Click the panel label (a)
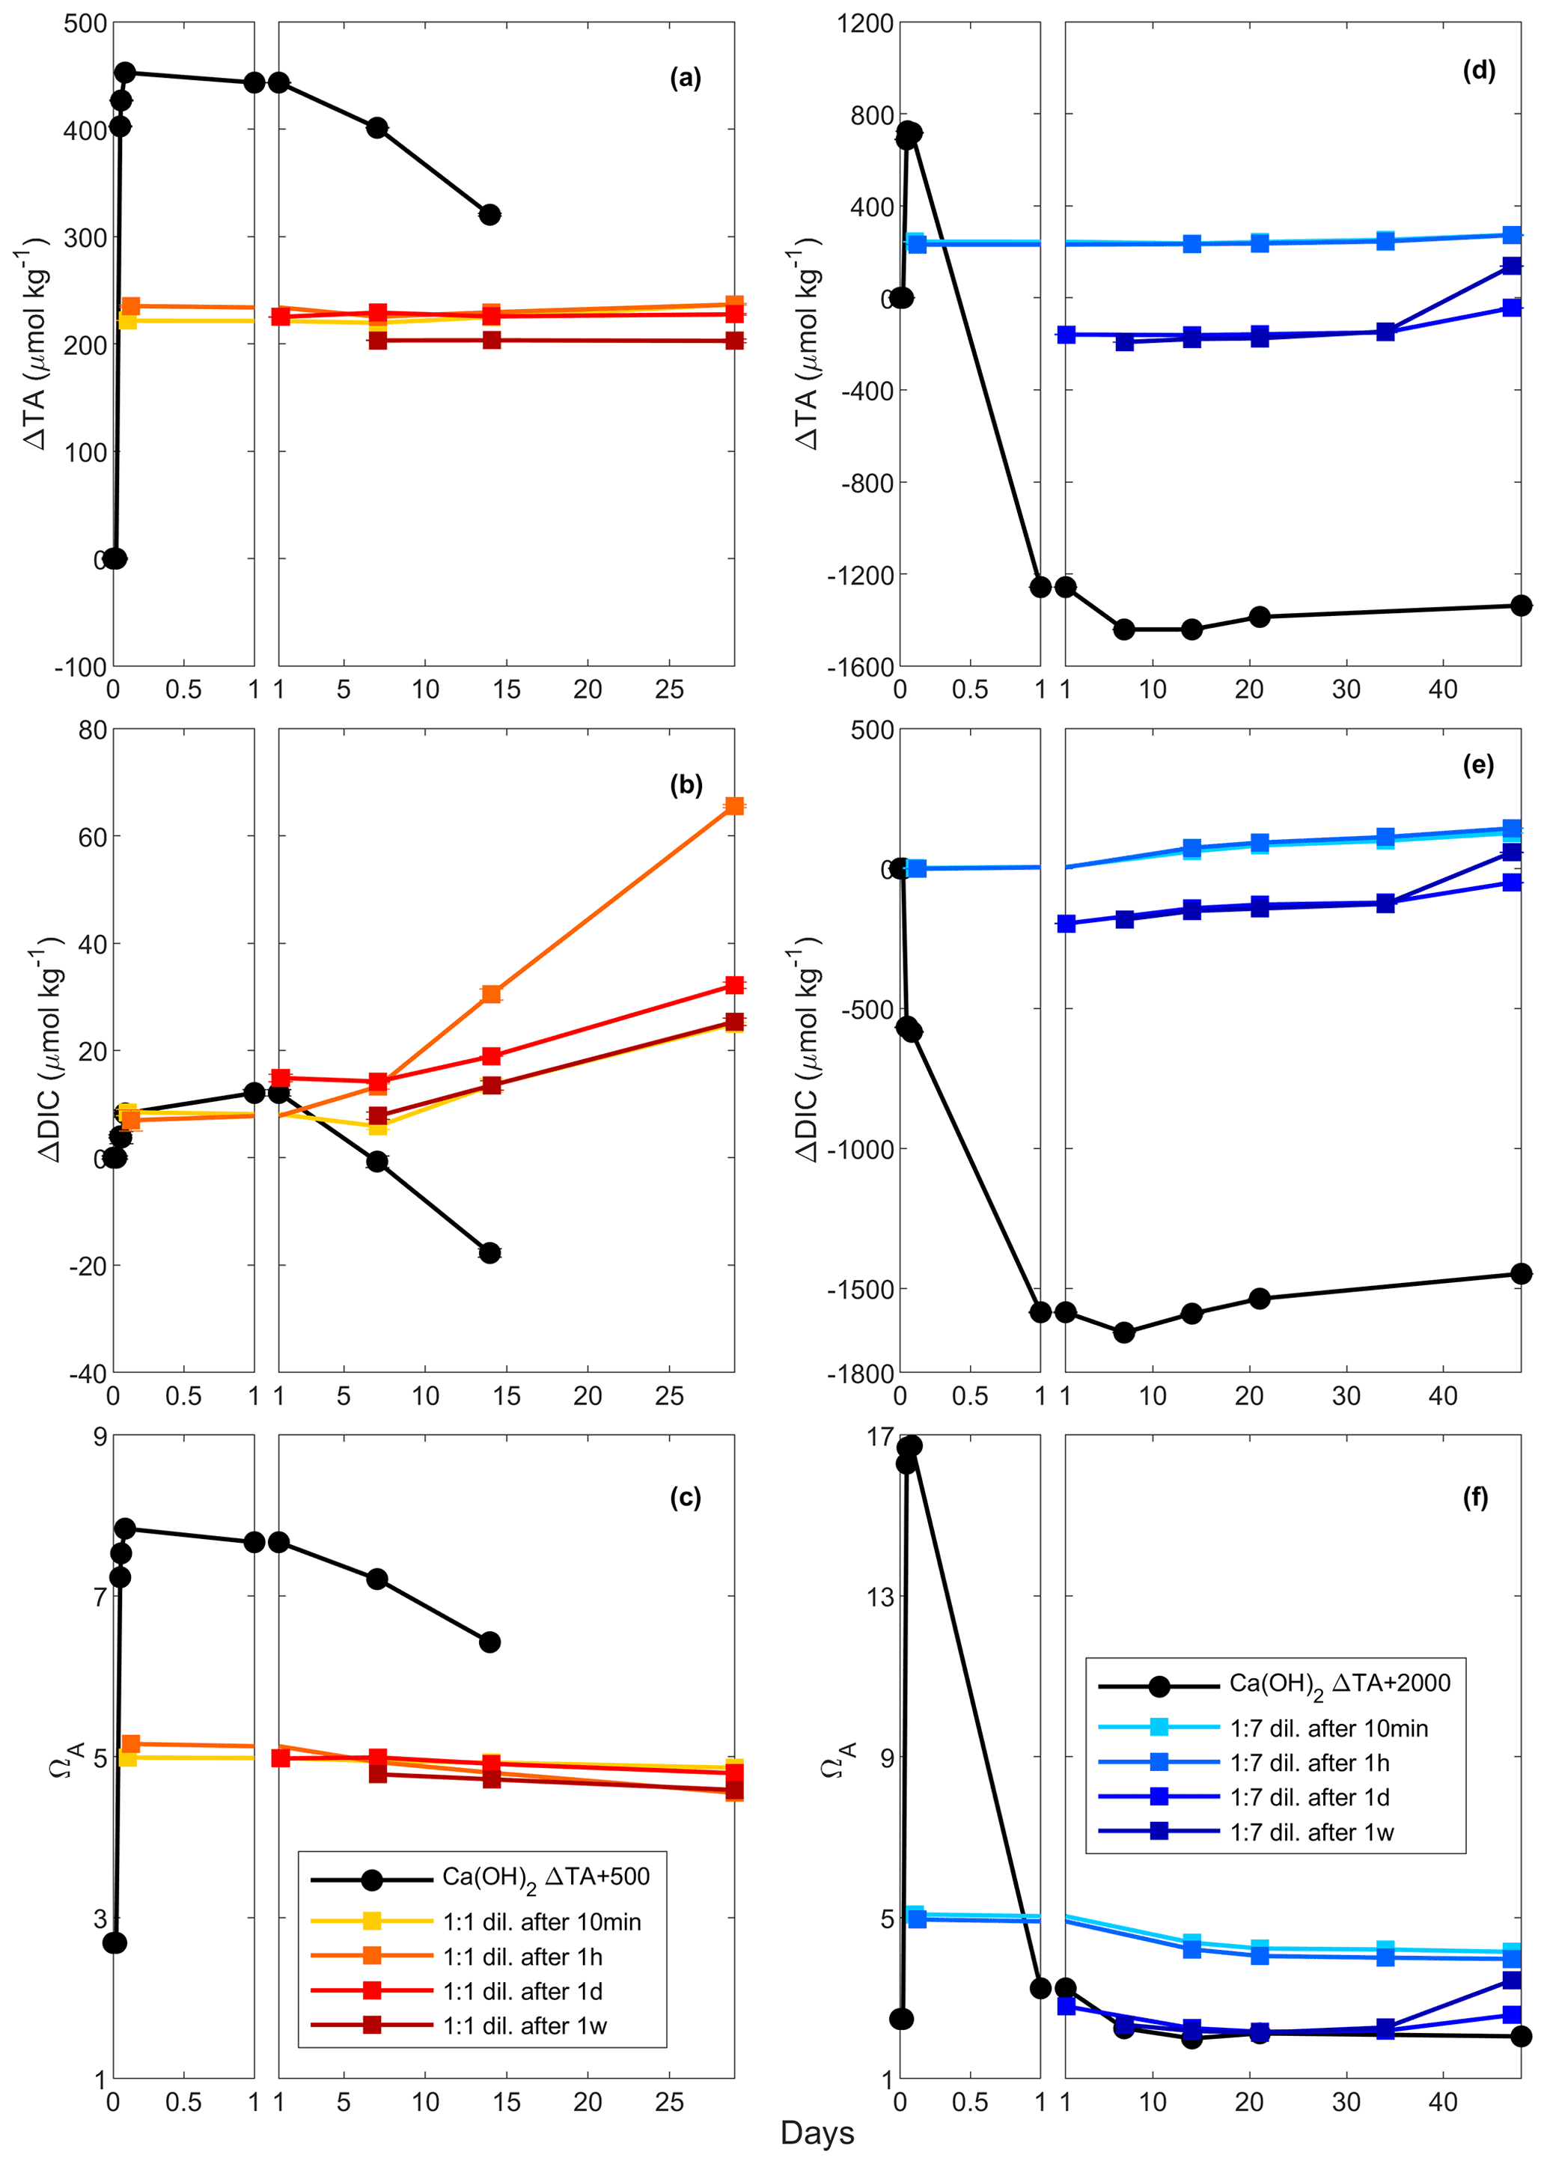685,78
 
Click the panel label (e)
1477,765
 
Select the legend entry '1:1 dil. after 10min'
541,1922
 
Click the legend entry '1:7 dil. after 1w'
1312,1832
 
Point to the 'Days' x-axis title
817,2133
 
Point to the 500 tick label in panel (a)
85,23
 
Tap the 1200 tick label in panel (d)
865,23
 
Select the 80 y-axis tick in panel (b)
92,730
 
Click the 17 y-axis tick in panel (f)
881,1436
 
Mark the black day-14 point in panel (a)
489,214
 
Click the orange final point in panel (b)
734,805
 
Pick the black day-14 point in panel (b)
489,1252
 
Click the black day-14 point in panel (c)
489,1642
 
